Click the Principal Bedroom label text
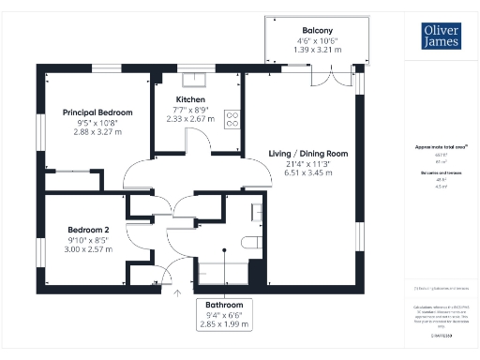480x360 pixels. click(x=97, y=112)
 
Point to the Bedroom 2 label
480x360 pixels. click(x=88, y=230)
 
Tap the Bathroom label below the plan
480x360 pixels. click(x=225, y=306)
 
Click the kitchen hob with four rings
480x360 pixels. click(x=232, y=118)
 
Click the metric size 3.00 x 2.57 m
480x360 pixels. click(x=88, y=250)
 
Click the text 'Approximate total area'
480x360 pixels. click(x=434, y=147)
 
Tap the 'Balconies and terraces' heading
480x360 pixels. click(x=434, y=173)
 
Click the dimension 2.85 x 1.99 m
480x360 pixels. click(x=225, y=325)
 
